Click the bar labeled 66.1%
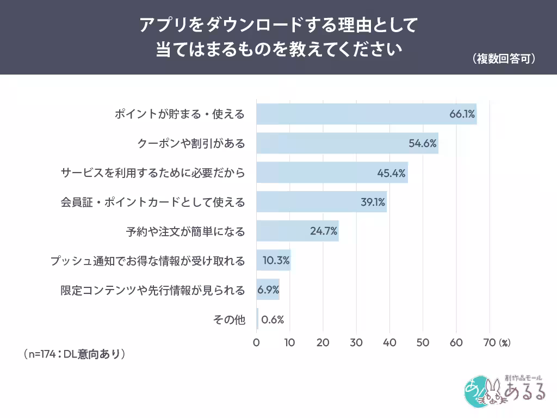[366, 114]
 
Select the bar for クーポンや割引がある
[348, 143]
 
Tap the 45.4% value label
[391, 173]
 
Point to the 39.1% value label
[373, 202]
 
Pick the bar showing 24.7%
[298, 231]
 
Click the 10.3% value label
[276, 261]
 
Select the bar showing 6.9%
[268, 290]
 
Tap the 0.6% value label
[273, 319]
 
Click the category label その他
[229, 319]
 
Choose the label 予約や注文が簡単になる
[185, 232]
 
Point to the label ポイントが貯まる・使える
[180, 114]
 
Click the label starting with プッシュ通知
[148, 261]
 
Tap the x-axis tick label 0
[256, 342]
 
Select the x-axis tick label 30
[356, 342]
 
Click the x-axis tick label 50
[423, 342]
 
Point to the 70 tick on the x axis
[489, 342]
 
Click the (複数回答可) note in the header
[504, 59]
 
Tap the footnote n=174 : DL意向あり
[75, 354]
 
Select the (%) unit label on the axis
[505, 343]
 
